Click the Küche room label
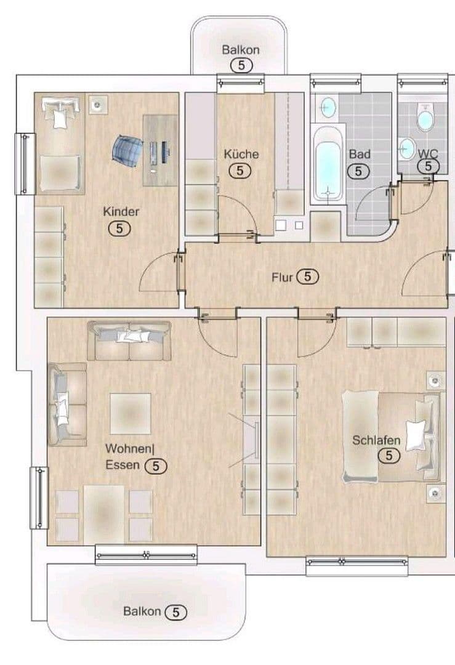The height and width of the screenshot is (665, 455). pyautogui.click(x=241, y=154)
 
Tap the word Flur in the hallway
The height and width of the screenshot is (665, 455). pyautogui.click(x=283, y=277)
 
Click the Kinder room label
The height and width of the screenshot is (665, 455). pyautogui.click(x=121, y=212)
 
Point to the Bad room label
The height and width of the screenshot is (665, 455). pyautogui.click(x=359, y=154)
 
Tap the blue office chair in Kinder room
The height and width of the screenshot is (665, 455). pyautogui.click(x=127, y=148)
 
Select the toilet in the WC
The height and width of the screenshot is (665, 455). pyautogui.click(x=424, y=117)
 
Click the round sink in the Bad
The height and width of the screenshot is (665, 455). pyautogui.click(x=328, y=108)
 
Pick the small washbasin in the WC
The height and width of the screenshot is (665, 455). pyautogui.click(x=406, y=148)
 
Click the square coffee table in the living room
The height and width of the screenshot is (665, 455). pyautogui.click(x=131, y=413)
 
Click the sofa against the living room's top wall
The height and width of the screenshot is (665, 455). pyautogui.click(x=129, y=341)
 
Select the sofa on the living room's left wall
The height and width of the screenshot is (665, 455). pyautogui.click(x=66, y=404)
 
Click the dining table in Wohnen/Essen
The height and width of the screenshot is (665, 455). pyautogui.click(x=104, y=514)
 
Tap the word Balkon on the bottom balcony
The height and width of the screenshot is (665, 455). pyautogui.click(x=142, y=611)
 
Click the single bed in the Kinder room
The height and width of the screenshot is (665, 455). pyautogui.click(x=59, y=147)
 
